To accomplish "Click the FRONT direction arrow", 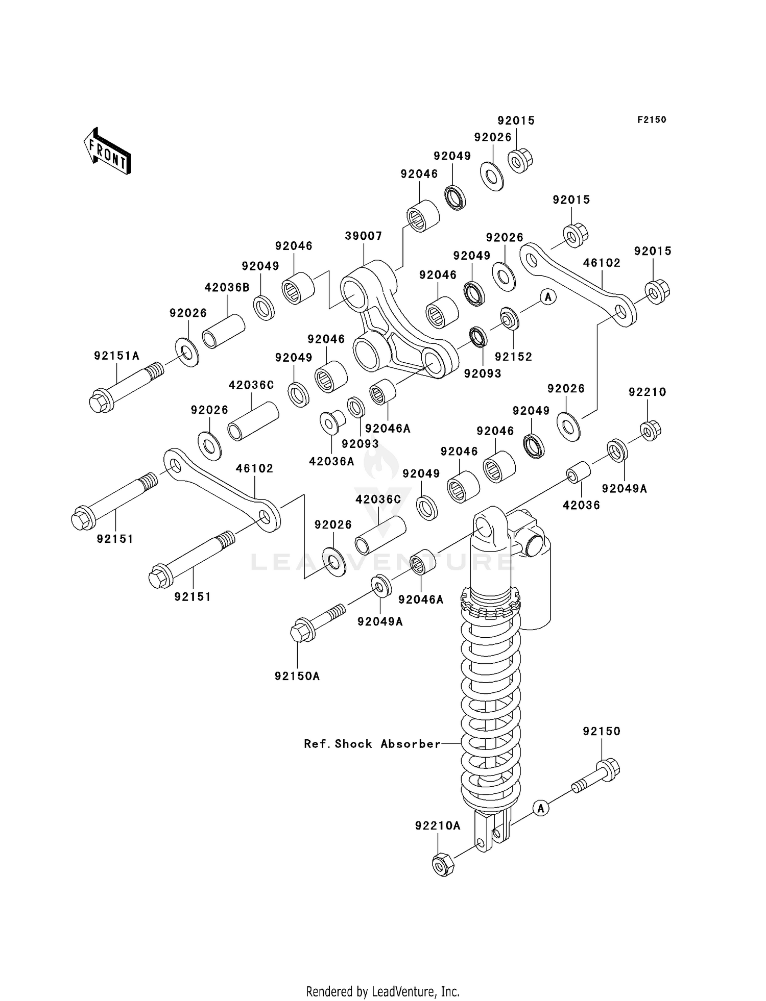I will (x=107, y=152).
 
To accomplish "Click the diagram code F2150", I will (x=651, y=120).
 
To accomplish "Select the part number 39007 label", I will (x=364, y=236).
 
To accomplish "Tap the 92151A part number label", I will (x=116, y=356).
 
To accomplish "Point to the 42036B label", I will (x=227, y=288).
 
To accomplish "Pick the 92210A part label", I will (x=438, y=825).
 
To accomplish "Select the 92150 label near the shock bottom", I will (x=602, y=731).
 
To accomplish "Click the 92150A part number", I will (x=297, y=676).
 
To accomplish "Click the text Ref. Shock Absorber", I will (x=372, y=744).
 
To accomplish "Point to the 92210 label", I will (x=647, y=392).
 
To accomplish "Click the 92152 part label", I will (x=513, y=357).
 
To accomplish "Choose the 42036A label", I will (x=331, y=462).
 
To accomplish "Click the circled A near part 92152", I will (x=548, y=296).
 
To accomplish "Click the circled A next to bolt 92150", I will (x=541, y=808).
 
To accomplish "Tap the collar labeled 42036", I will (x=579, y=472).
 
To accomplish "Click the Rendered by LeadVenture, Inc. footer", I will (x=382, y=991).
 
